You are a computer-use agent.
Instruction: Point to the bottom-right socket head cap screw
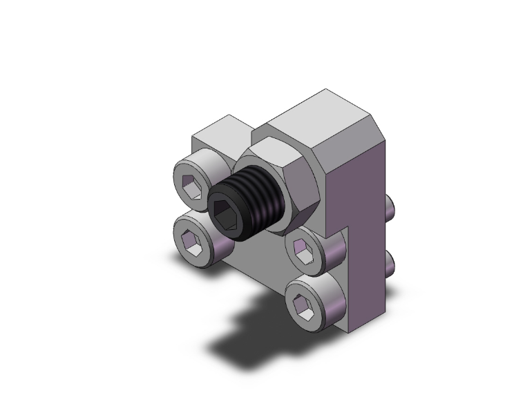pos(312,300)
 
